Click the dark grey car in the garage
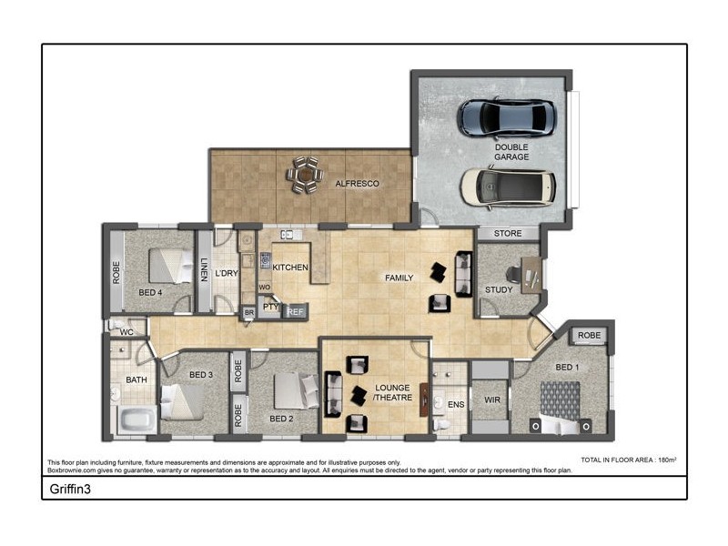(x=506, y=117)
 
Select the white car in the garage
(x=506, y=187)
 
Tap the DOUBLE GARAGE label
(x=511, y=152)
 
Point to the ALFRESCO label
(x=357, y=184)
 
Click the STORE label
(x=508, y=234)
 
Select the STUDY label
(x=498, y=290)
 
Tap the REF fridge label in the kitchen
(x=295, y=311)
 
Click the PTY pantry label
(x=270, y=307)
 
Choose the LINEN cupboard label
(x=204, y=269)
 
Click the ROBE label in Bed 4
(x=116, y=273)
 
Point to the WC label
(x=126, y=333)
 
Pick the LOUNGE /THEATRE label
(x=393, y=393)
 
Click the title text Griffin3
(x=69, y=488)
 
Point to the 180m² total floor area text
(x=669, y=460)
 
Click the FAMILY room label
(x=399, y=278)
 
